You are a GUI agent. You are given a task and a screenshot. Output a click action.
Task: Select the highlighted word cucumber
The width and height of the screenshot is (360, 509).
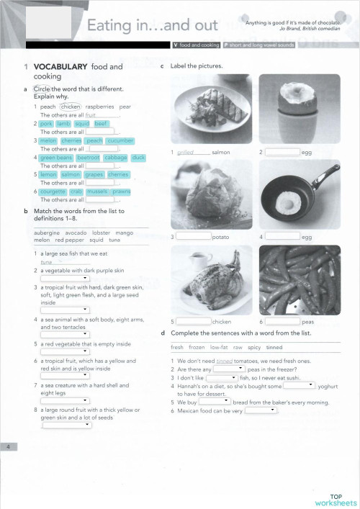tap(120, 140)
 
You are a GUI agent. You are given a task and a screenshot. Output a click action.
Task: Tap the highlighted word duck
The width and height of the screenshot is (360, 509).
tap(139, 158)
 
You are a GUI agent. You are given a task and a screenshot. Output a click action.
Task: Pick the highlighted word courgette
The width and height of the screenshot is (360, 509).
tap(53, 192)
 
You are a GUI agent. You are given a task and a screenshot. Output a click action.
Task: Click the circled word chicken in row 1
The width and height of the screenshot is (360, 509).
tap(71, 107)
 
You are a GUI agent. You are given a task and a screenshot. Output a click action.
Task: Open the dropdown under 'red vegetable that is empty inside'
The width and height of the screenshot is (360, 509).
tap(66, 353)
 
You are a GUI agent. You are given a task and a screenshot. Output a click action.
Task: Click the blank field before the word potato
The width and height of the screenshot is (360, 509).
tap(194, 236)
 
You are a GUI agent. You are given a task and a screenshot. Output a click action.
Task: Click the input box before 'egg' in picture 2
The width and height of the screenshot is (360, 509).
tap(282, 152)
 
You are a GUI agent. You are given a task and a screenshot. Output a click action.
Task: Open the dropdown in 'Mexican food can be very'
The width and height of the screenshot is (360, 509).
tap(261, 410)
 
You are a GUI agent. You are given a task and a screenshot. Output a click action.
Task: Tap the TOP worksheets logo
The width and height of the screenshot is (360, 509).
tap(336, 500)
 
